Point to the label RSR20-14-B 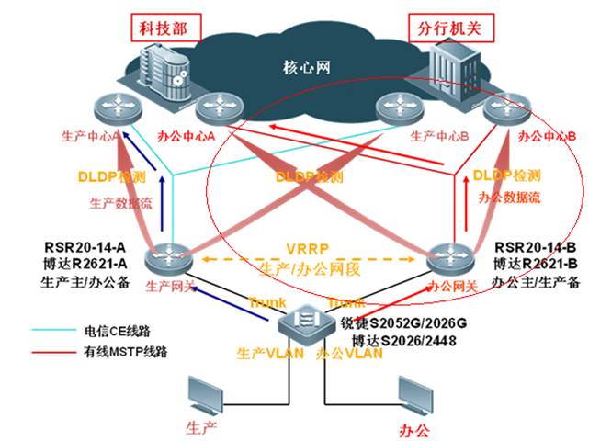(536, 247)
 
